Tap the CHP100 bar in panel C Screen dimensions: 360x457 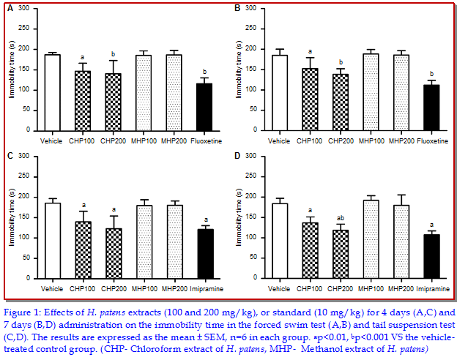tap(83, 250)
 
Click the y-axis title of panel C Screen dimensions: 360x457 tap(11, 217)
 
